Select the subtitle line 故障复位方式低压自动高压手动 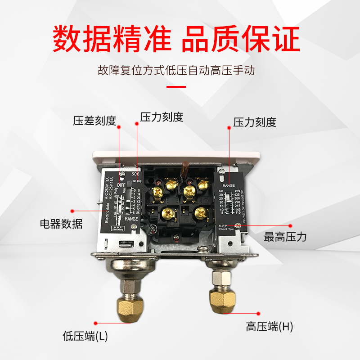(x=180, y=71)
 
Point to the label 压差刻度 (x=94, y=121)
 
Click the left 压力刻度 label (x=162, y=117)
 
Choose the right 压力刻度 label (x=254, y=122)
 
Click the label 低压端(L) (x=85, y=336)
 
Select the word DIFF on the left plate (x=121, y=184)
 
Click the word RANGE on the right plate (x=231, y=185)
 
